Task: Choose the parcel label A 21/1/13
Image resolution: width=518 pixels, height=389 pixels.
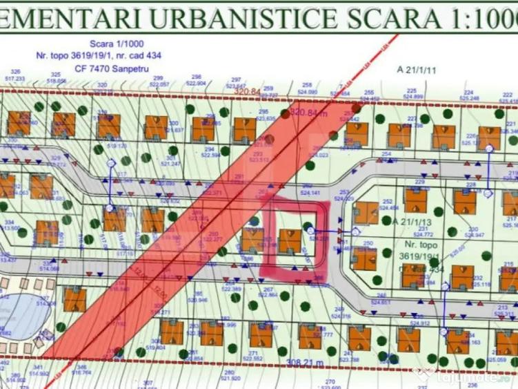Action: (x=412, y=222)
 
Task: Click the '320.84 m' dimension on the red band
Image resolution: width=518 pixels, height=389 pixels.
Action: (x=310, y=113)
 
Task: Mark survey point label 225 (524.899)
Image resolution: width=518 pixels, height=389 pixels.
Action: (x=412, y=93)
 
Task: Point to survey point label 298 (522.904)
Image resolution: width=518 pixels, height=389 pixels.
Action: (x=197, y=79)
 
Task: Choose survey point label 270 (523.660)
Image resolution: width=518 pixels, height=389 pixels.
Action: (x=330, y=383)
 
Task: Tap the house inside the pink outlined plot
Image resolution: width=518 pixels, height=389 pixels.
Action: (x=289, y=240)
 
